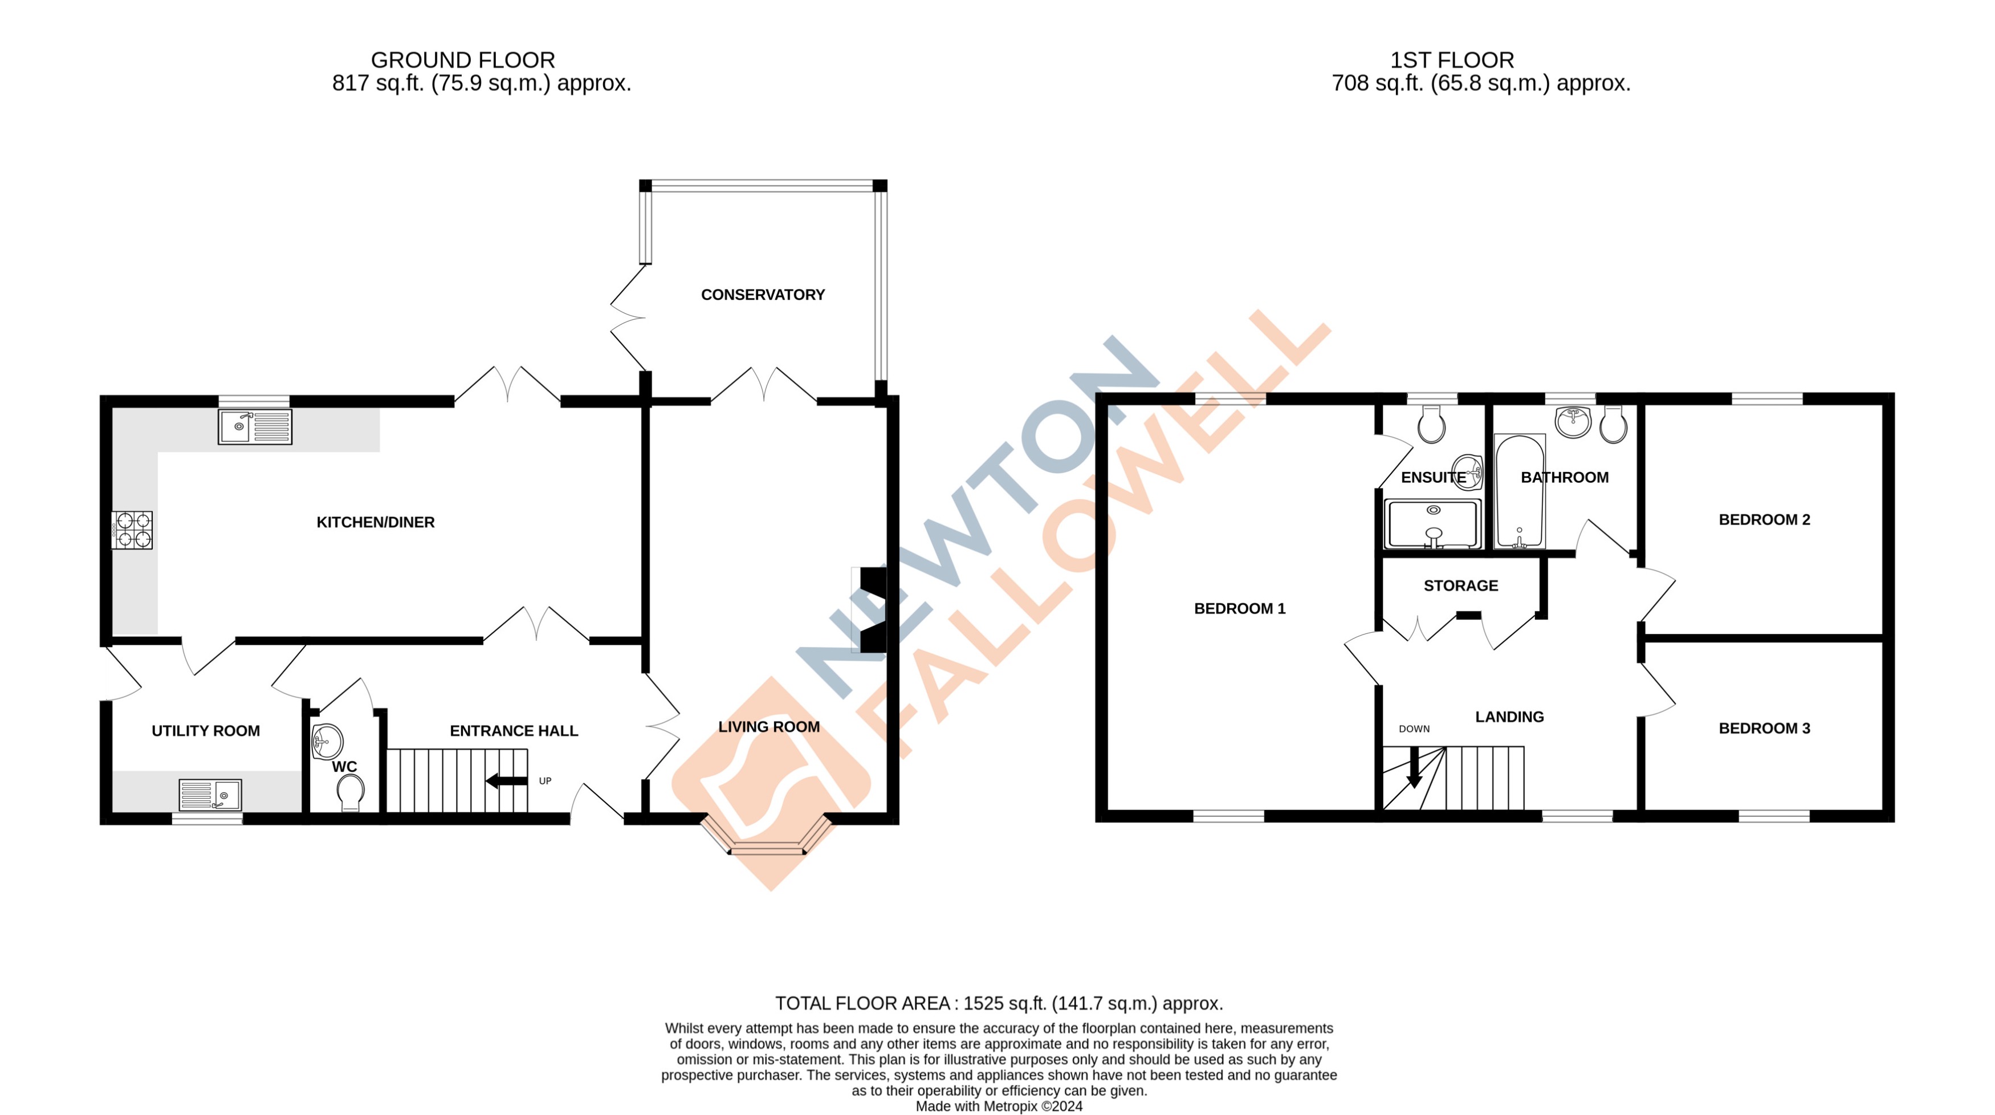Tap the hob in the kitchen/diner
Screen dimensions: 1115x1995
tap(132, 530)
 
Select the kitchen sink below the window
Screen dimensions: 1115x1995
tap(255, 426)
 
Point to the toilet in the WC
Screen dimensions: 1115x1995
tap(351, 792)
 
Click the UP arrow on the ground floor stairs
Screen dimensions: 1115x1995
tap(507, 780)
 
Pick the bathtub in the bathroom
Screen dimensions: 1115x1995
tap(1520, 492)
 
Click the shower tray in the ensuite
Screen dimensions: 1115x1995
tap(1433, 524)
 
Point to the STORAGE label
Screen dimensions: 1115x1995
tap(1460, 586)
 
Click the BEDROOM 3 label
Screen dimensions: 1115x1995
tap(1764, 729)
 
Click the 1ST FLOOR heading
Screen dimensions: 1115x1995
tap(1451, 60)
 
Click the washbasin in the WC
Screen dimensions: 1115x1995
tap(326, 741)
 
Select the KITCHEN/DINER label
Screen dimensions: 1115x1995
tap(376, 523)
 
